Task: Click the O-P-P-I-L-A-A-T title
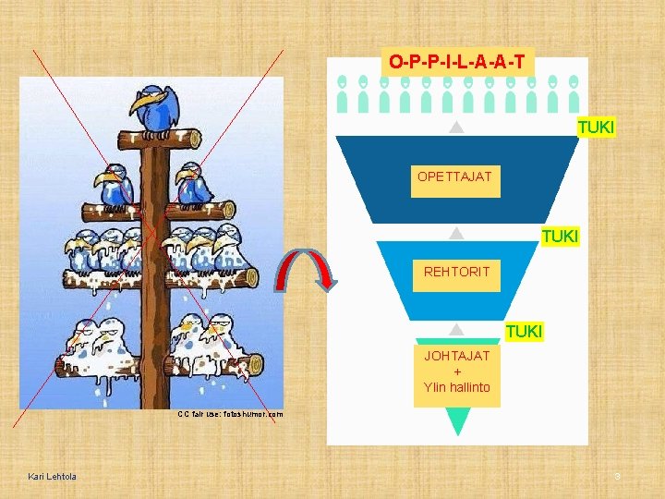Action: (x=457, y=62)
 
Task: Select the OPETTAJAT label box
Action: (x=455, y=176)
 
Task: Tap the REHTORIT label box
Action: (x=456, y=272)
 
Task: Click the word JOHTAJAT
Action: (x=457, y=356)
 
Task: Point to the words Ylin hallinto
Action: (x=457, y=387)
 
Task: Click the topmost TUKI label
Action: (x=596, y=127)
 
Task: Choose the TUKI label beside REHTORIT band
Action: (x=560, y=237)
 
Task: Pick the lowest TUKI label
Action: (x=524, y=331)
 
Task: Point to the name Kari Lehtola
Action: (x=53, y=477)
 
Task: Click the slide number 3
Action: (x=618, y=477)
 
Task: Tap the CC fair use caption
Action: (x=231, y=415)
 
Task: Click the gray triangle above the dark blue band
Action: (x=455, y=128)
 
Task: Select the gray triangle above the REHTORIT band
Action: (x=455, y=235)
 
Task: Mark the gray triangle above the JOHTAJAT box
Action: (x=456, y=330)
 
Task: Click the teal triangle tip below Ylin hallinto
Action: (x=457, y=423)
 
